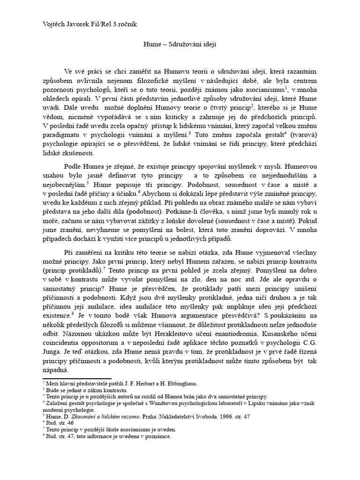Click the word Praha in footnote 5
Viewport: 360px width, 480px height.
click(x=138, y=416)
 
